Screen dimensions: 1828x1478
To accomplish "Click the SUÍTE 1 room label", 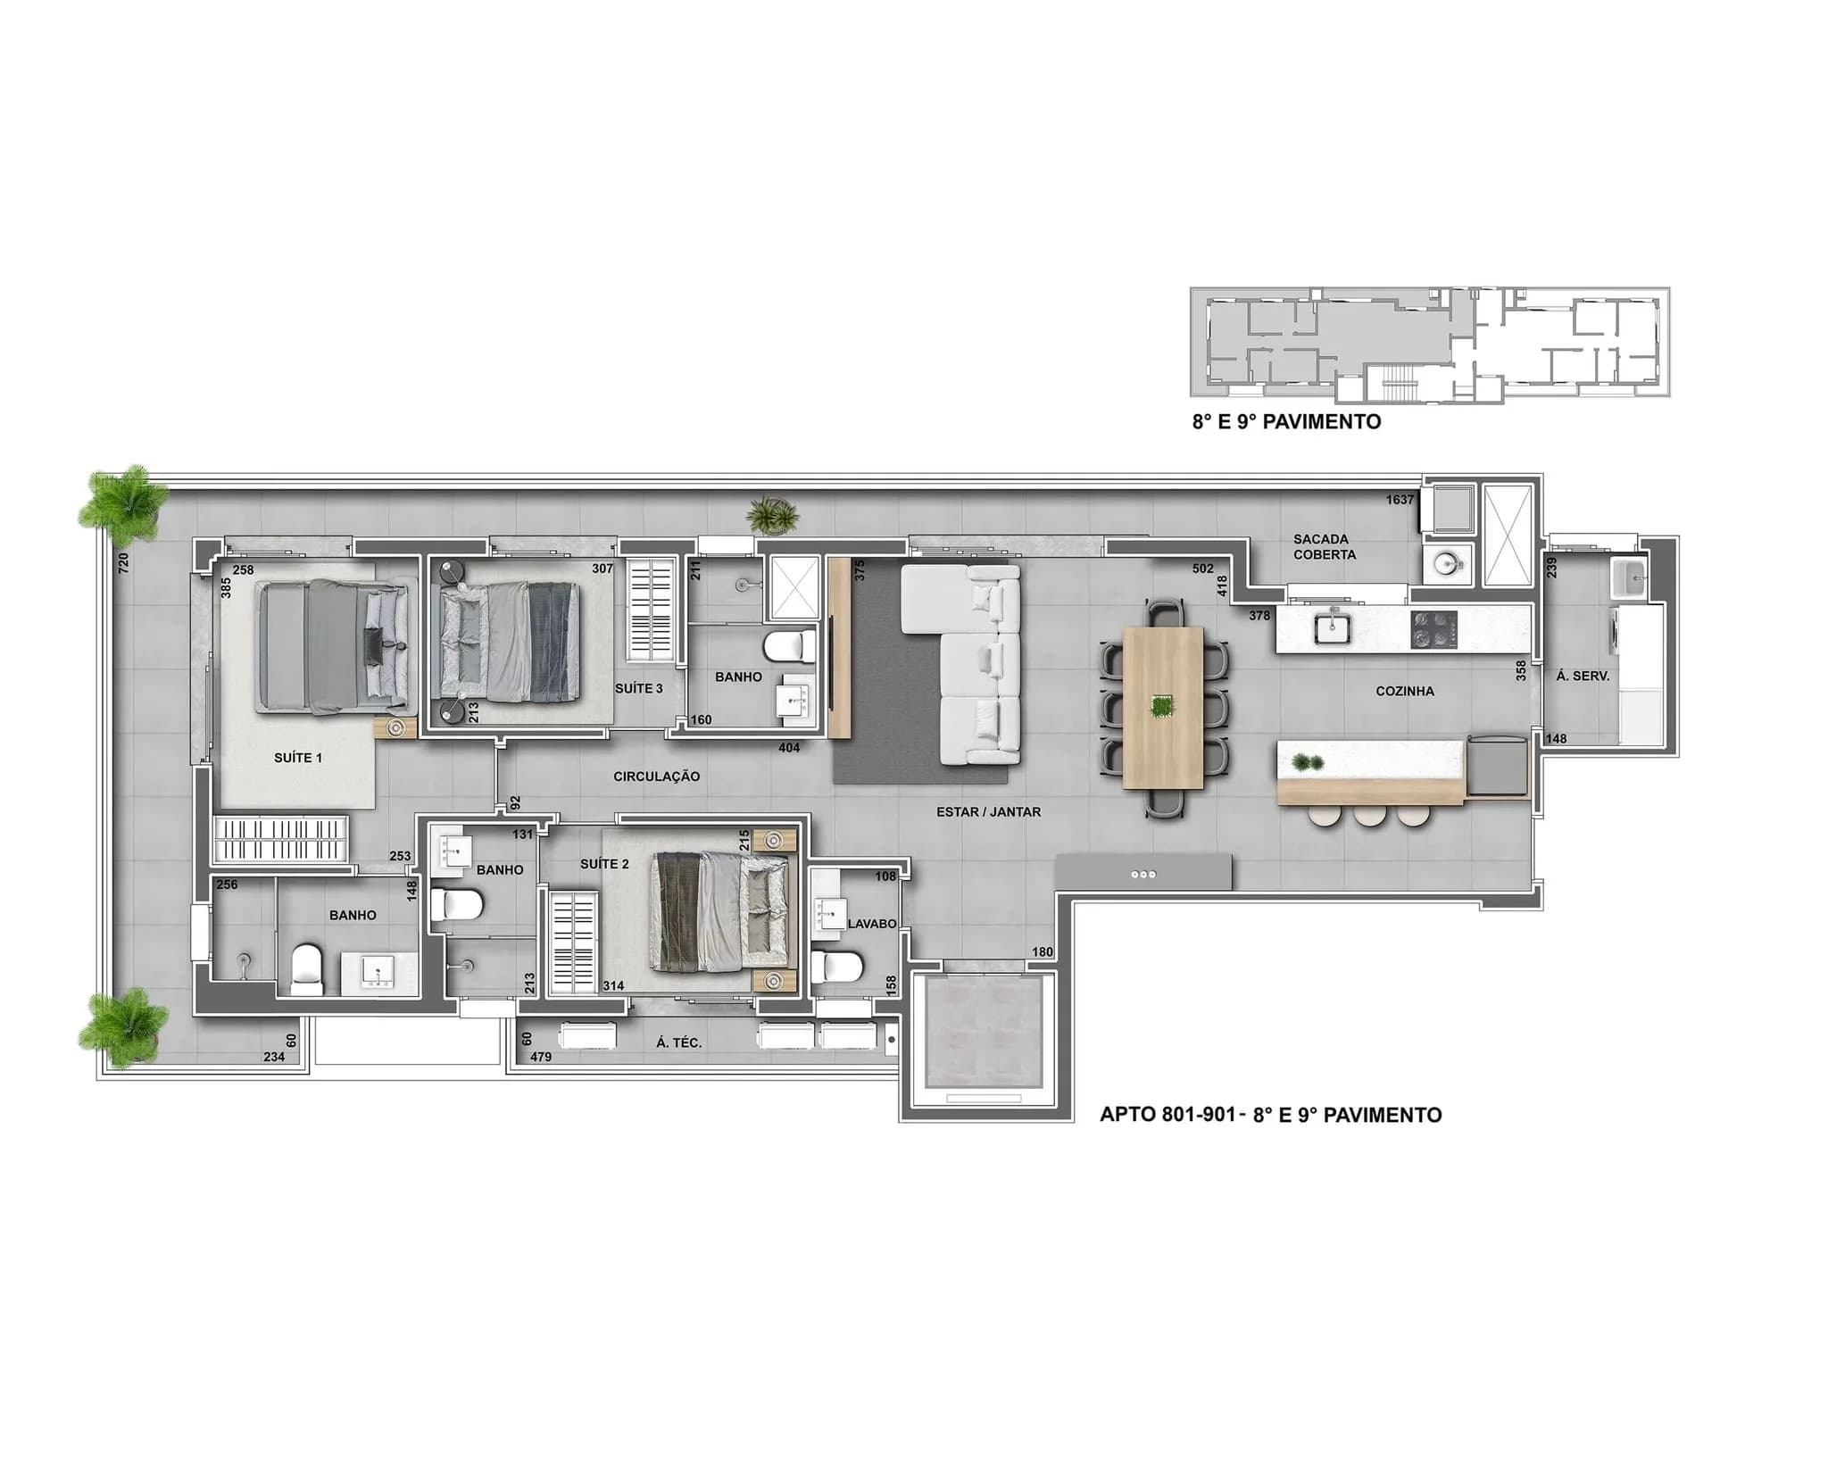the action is pyautogui.click(x=298, y=758).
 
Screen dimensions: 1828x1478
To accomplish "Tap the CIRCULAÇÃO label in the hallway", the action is pyautogui.click(x=656, y=776).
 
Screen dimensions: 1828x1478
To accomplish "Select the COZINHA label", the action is pyautogui.click(x=1405, y=691).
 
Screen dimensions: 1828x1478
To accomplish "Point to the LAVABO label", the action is pyautogui.click(x=872, y=924).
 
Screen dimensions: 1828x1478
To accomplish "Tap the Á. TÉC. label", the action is pyautogui.click(x=679, y=1042).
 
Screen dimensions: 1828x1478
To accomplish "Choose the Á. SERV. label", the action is pyautogui.click(x=1583, y=677).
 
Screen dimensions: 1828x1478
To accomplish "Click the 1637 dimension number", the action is pyautogui.click(x=1400, y=500).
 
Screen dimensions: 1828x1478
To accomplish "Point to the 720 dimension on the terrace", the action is pyautogui.click(x=124, y=562).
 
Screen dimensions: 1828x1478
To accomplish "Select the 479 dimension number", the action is pyautogui.click(x=541, y=1057).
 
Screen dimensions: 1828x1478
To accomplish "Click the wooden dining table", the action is pyautogui.click(x=1164, y=707).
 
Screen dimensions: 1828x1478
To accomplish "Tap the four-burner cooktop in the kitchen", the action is pyautogui.click(x=1433, y=630).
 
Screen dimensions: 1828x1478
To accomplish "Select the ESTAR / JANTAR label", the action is pyautogui.click(x=988, y=812).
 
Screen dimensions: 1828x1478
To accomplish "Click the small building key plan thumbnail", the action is pyautogui.click(x=1430, y=342).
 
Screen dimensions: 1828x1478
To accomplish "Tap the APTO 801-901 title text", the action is pyautogui.click(x=1270, y=1115).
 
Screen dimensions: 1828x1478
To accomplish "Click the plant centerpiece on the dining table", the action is pyautogui.click(x=1162, y=707).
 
